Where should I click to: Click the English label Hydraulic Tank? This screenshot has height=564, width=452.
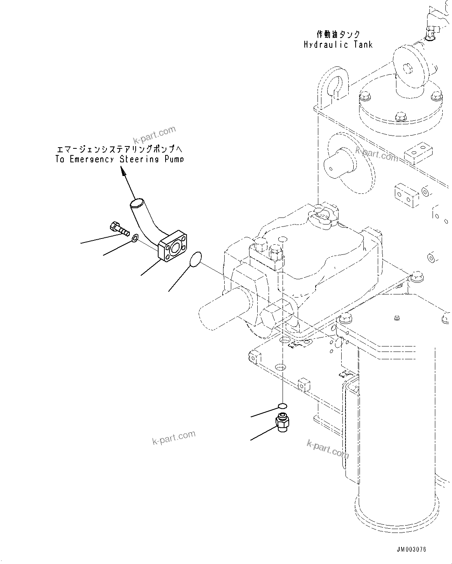coord(338,45)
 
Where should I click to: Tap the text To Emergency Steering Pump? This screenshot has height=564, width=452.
coord(119,159)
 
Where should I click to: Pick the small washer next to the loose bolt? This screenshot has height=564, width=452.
coord(134,238)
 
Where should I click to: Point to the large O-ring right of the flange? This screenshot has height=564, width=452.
coord(196,259)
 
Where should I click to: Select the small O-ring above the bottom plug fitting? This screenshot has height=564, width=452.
coord(283,406)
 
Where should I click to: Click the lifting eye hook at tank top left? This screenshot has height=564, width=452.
coord(335,83)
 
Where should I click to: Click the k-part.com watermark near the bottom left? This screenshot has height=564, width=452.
coord(174,439)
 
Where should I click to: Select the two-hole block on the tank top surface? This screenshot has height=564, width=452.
coord(418,150)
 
